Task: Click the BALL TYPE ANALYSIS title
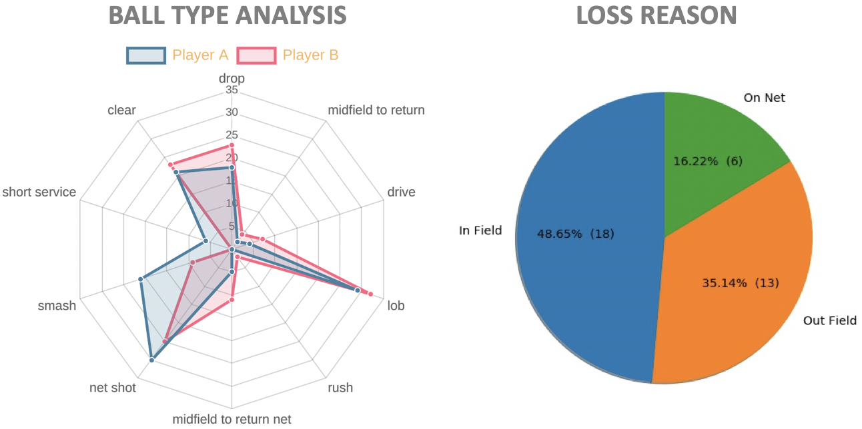[x=228, y=15]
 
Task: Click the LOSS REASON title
[x=656, y=15]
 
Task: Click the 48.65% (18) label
[x=575, y=234]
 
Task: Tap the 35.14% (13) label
[x=740, y=283]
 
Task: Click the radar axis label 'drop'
[x=232, y=79]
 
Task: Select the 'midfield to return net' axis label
[x=232, y=419]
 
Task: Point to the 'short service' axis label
[x=39, y=193]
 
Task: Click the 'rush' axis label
[x=340, y=388]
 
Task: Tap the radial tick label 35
[x=232, y=90]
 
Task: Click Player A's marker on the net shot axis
[x=151, y=360]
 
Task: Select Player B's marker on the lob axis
[x=370, y=294]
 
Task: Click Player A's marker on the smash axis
[x=141, y=279]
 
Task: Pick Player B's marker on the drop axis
[x=232, y=145]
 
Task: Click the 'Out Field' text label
[x=829, y=321]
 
